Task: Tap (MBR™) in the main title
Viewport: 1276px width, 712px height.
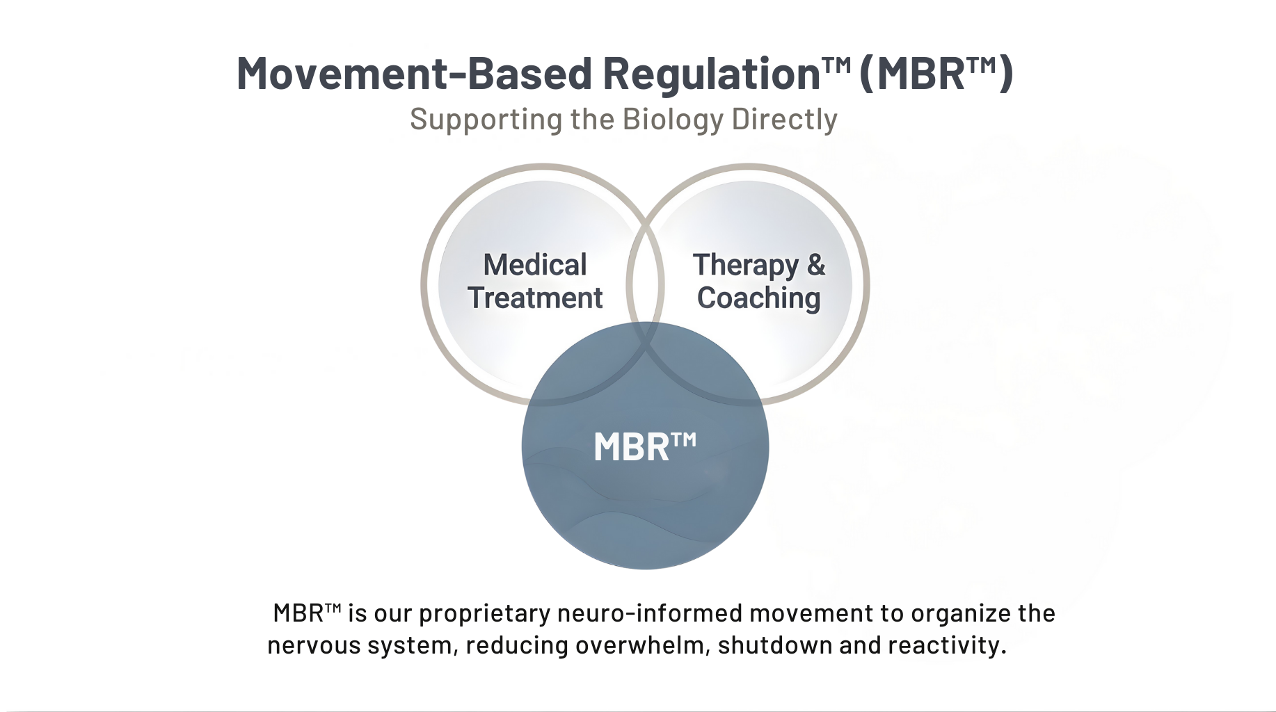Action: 936,74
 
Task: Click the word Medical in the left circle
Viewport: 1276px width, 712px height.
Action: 535,265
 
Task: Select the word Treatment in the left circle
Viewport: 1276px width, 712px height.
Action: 535,298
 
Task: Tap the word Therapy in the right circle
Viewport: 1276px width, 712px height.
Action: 745,266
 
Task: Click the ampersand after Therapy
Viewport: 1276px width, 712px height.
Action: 815,265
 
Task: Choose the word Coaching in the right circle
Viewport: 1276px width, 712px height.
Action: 758,298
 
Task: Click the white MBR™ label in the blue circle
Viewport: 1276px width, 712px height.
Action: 644,446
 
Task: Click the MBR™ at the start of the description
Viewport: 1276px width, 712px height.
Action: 306,613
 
